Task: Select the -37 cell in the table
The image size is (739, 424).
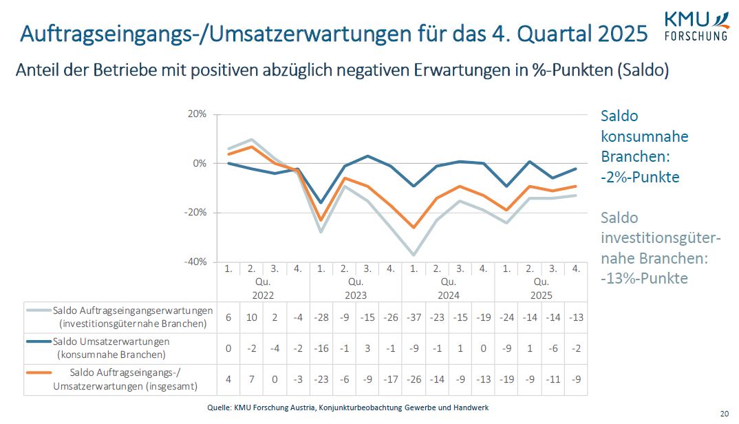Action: pyautogui.click(x=414, y=317)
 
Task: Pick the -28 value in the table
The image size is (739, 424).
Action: pyautogui.click(x=321, y=317)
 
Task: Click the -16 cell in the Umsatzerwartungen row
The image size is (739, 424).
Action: pyautogui.click(x=321, y=348)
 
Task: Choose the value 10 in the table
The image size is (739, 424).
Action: pyautogui.click(x=251, y=317)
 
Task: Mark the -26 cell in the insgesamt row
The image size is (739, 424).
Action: pyautogui.click(x=414, y=379)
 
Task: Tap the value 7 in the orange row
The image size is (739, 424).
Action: pyautogui.click(x=251, y=379)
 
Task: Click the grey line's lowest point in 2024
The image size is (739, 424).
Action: pyautogui.click(x=414, y=255)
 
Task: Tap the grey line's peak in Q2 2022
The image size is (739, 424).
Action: pyautogui.click(x=251, y=140)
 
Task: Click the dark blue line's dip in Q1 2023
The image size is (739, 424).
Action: pyautogui.click(x=321, y=203)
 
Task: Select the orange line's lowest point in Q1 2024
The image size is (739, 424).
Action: pyautogui.click(x=414, y=227)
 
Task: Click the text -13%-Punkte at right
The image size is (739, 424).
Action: pyautogui.click(x=644, y=279)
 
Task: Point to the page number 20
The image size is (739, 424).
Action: pyautogui.click(x=724, y=414)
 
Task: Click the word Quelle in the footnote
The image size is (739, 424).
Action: pyautogui.click(x=219, y=407)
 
